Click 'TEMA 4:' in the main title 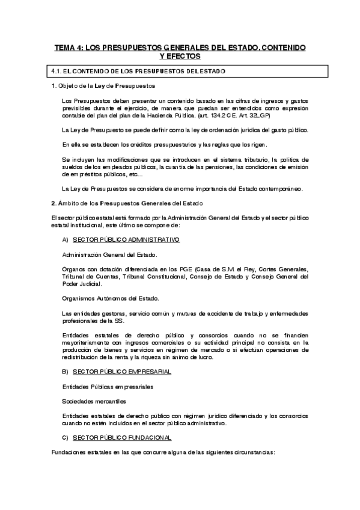tap(67, 47)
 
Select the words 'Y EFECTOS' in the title tap(180, 56)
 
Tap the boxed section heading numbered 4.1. tap(139, 72)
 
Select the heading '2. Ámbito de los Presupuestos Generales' tap(128, 202)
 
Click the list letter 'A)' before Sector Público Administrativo tap(66, 239)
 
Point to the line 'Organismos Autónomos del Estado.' tap(110, 298)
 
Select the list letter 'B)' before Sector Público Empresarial tap(66, 372)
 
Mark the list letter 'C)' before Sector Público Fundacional tap(66, 437)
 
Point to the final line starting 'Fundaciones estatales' tap(163, 452)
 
